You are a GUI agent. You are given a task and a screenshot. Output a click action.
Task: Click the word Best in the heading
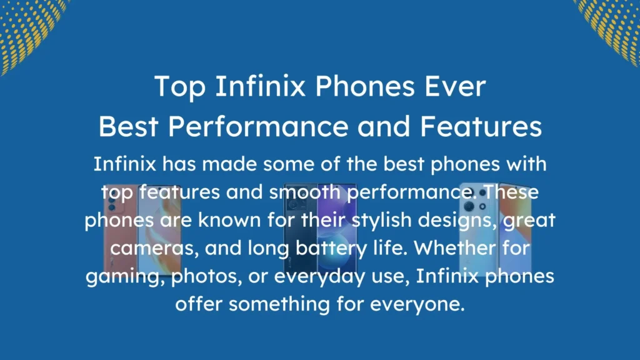(128, 127)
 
